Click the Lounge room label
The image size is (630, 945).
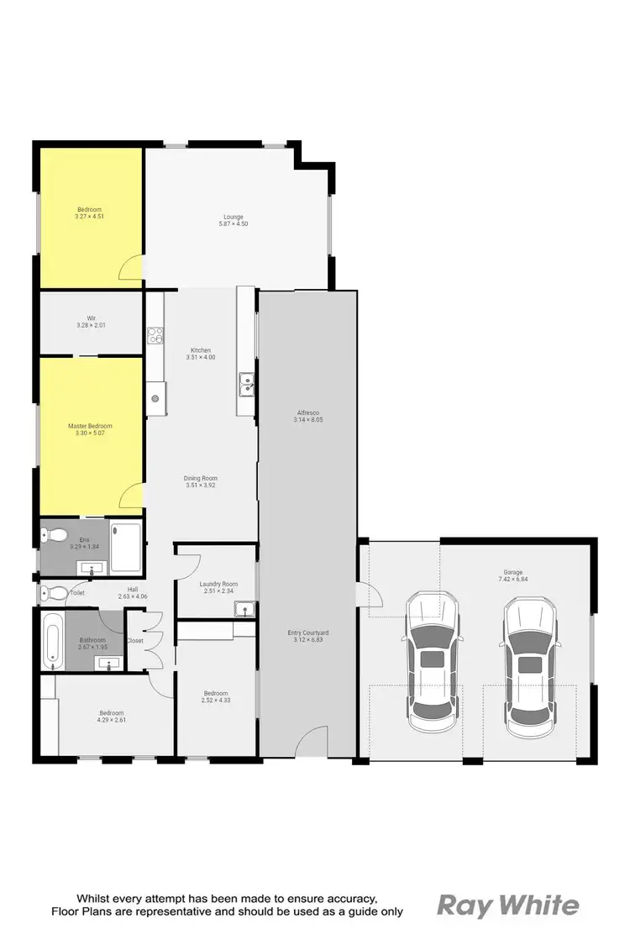pyautogui.click(x=234, y=220)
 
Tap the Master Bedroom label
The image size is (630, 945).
pyautogui.click(x=90, y=430)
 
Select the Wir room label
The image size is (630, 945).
pyautogui.click(x=91, y=322)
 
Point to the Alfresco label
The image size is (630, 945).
pyautogui.click(x=309, y=416)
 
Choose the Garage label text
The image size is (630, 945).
pyautogui.click(x=509, y=575)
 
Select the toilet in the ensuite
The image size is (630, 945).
pyautogui.click(x=56, y=533)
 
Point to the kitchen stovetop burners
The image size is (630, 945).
pyautogui.click(x=155, y=335)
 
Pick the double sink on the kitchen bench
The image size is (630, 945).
pyautogui.click(x=247, y=385)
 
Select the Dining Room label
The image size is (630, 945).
pyautogui.click(x=201, y=481)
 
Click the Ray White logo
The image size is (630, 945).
pyautogui.click(x=508, y=906)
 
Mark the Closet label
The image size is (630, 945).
pyautogui.click(x=135, y=641)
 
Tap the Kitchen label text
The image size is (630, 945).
pyautogui.click(x=201, y=354)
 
